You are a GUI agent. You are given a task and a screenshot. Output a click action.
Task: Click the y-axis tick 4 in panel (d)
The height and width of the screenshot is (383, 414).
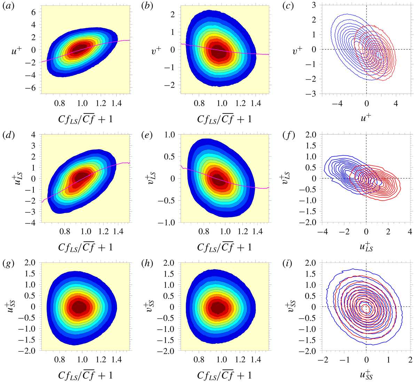point(34,134)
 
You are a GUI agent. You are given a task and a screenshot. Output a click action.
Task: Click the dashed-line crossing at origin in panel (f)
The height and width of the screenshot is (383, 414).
point(366,178)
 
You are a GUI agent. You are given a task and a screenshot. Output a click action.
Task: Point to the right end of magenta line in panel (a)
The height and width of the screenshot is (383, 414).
point(129,40)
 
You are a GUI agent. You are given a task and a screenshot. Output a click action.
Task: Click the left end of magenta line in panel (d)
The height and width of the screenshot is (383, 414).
point(42,202)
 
